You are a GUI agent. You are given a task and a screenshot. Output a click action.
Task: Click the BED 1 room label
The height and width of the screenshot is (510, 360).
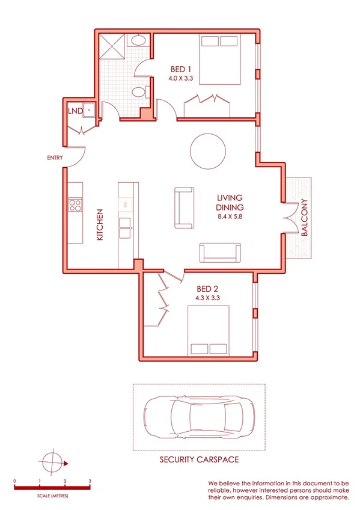coord(180,69)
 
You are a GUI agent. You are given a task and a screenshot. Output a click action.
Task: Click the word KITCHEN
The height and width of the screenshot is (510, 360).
coord(100,225)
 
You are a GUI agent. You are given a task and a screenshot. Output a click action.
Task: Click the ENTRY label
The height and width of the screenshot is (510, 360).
coord(55,158)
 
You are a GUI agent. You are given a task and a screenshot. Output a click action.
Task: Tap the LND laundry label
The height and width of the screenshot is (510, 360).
coord(75,111)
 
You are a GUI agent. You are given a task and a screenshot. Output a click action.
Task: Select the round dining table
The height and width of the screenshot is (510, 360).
coord(207,152)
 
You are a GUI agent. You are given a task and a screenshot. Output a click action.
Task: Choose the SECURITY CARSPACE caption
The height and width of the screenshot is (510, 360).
coord(198,459)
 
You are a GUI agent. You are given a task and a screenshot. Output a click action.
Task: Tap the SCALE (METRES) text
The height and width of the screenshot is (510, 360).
coord(52,495)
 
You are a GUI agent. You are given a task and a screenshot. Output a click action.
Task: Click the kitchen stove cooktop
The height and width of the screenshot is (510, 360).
coord(75,206)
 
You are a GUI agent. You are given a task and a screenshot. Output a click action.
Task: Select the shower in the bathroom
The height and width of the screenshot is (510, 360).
coord(109,46)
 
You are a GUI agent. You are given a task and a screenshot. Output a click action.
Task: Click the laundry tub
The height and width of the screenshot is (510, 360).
coord(88,109)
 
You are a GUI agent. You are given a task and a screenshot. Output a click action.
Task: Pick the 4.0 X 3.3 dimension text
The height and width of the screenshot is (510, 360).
coord(180,78)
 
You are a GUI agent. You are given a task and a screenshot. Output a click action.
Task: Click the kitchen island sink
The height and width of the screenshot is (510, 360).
coord(127,224)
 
